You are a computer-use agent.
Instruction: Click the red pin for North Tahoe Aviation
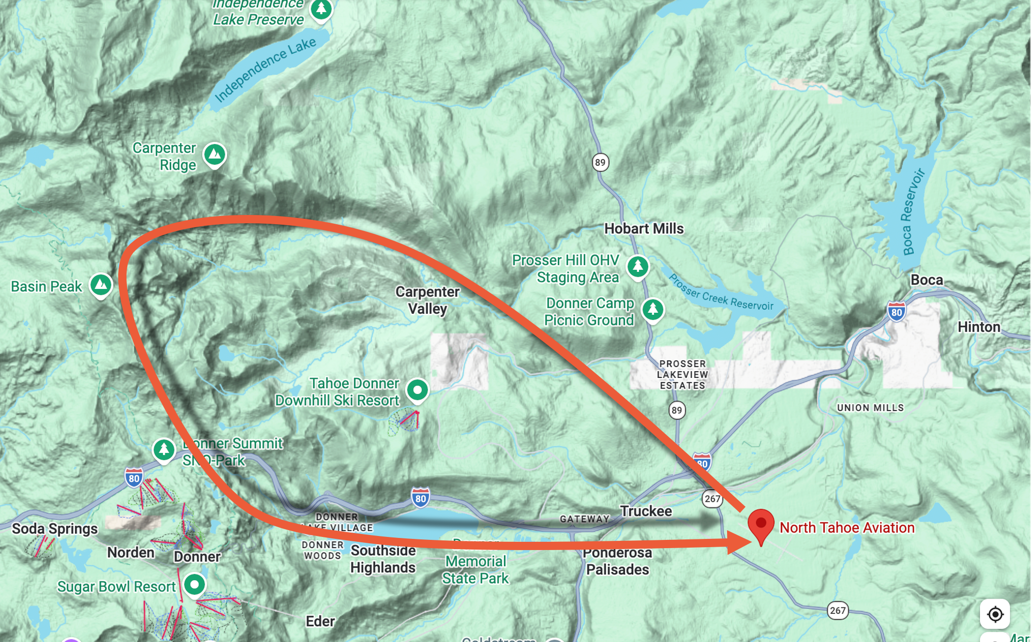pyautogui.click(x=761, y=525)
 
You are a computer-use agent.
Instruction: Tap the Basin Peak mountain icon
pyautogui.click(x=101, y=285)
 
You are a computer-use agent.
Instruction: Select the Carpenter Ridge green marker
pyautogui.click(x=214, y=155)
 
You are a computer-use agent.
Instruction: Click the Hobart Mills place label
pyautogui.click(x=643, y=229)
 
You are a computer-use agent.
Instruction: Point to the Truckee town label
pyautogui.click(x=645, y=511)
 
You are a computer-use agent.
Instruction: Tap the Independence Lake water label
pyautogui.click(x=265, y=70)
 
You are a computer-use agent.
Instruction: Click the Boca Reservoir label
pyautogui.click(x=912, y=212)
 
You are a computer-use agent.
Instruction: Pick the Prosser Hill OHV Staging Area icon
pyautogui.click(x=637, y=266)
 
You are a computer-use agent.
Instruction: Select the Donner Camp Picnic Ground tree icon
pyautogui.click(x=652, y=309)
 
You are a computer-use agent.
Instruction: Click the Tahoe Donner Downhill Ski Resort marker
pyautogui.click(x=417, y=390)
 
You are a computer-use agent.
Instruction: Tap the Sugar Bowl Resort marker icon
pyautogui.click(x=194, y=584)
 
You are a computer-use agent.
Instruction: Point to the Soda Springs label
pyautogui.click(x=54, y=529)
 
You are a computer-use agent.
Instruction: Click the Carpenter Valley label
pyautogui.click(x=427, y=300)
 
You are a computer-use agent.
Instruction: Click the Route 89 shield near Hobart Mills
pyautogui.click(x=600, y=162)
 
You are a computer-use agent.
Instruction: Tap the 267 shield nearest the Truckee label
pyautogui.click(x=712, y=499)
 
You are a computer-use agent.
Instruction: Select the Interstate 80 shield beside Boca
pyautogui.click(x=896, y=312)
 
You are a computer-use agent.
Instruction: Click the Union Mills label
pyautogui.click(x=870, y=408)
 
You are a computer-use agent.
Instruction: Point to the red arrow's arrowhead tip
pyautogui.click(x=752, y=542)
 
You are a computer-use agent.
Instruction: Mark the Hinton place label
pyautogui.click(x=979, y=327)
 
